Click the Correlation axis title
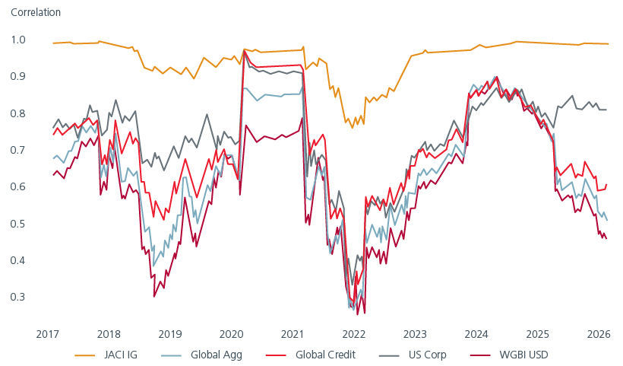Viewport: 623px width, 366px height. pyautogui.click(x=36, y=13)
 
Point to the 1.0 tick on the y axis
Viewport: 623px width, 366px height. pyautogui.click(x=18, y=40)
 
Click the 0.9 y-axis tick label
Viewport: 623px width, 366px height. pyautogui.click(x=18, y=76)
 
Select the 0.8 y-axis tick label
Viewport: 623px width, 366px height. pyautogui.click(x=18, y=113)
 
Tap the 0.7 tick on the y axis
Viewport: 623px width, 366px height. pyautogui.click(x=18, y=150)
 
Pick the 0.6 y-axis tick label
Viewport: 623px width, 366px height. pyautogui.click(x=18, y=186)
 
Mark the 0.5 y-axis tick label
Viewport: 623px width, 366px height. pyautogui.click(x=18, y=224)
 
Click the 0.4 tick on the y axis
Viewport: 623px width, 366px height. pyautogui.click(x=18, y=260)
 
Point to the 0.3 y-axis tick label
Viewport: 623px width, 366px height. pyautogui.click(x=18, y=297)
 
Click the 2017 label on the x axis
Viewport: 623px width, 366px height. pyautogui.click(x=48, y=334)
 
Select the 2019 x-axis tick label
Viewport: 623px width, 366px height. pyautogui.click(x=169, y=334)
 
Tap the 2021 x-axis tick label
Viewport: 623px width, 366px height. pyautogui.click(x=292, y=334)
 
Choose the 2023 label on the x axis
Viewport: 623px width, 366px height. pyautogui.click(x=414, y=334)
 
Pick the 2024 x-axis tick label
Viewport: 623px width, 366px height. pyautogui.click(x=475, y=334)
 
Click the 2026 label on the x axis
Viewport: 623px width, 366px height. pyautogui.click(x=597, y=334)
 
